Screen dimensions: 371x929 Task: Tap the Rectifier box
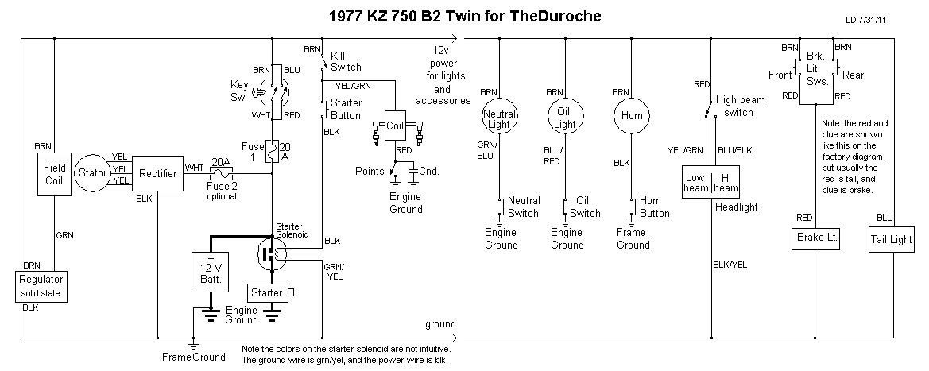157,173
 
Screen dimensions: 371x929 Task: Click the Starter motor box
267,293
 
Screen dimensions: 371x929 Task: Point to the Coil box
396,126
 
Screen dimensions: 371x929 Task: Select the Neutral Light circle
500,119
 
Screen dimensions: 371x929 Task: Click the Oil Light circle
565,119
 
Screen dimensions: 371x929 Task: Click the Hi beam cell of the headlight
726,184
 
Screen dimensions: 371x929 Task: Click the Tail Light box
891,240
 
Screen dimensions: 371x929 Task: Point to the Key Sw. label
240,89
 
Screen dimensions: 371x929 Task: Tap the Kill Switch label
346,61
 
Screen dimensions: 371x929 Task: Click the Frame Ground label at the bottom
193,357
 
